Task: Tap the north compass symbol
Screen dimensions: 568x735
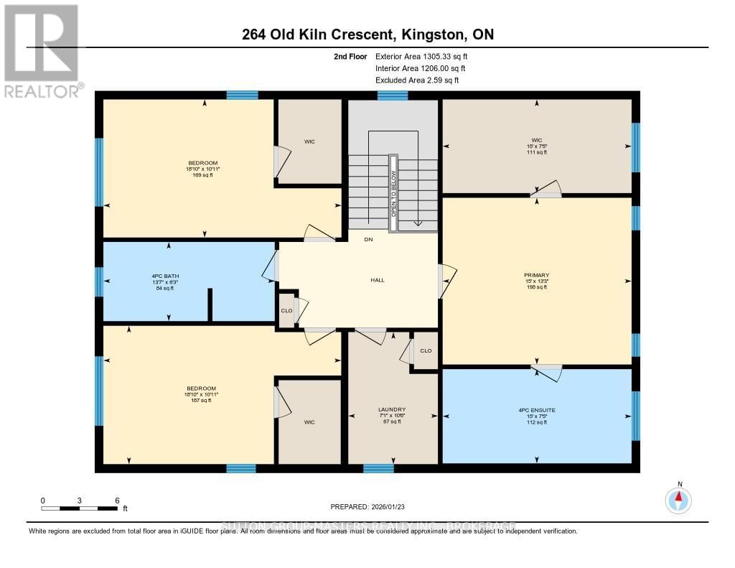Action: (678, 500)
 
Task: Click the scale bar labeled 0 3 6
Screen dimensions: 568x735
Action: (80, 508)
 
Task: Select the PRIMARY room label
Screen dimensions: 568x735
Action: (536, 281)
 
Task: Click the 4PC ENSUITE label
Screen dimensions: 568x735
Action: (536, 416)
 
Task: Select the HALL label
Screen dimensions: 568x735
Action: (378, 280)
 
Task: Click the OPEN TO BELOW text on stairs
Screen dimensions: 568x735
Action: (393, 194)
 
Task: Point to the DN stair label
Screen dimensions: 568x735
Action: (368, 239)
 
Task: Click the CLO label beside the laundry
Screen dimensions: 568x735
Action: (426, 351)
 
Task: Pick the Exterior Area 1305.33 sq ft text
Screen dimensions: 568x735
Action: (423, 56)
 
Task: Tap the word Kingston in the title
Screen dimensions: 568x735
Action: (441, 34)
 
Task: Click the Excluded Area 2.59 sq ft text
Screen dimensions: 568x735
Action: (417, 80)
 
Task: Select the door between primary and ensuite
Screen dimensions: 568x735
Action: (548, 371)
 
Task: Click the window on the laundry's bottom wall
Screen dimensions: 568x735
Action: (378, 469)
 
